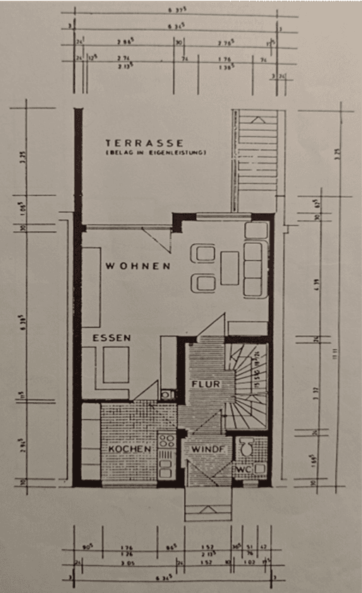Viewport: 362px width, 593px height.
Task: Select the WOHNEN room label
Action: [x=138, y=266]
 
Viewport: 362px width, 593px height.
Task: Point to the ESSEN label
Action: [x=111, y=339]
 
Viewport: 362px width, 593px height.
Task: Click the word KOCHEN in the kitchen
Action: [x=129, y=450]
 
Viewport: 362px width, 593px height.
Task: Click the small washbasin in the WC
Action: [x=260, y=467]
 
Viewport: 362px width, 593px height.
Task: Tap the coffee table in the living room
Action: [x=230, y=268]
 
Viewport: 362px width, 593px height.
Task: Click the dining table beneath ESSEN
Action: [x=116, y=365]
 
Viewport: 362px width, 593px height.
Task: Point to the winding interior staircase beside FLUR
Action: [x=246, y=385]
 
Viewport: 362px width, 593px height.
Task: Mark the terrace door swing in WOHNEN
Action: [x=158, y=238]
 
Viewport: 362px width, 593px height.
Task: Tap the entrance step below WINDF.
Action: [x=207, y=503]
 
